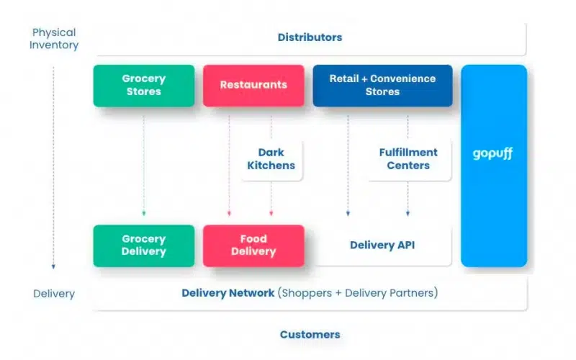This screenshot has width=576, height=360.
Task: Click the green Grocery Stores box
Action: point(144,86)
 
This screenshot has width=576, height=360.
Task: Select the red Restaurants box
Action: point(253,86)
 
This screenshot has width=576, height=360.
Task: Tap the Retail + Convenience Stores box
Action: point(382,86)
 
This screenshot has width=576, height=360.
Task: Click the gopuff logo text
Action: point(493,154)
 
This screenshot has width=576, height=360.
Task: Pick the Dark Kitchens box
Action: point(271,159)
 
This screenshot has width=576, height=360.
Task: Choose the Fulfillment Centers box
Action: point(408,159)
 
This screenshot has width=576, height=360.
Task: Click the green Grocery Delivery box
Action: point(144,246)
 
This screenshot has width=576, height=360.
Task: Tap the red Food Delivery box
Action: point(253,246)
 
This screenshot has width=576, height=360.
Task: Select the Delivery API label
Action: point(382,246)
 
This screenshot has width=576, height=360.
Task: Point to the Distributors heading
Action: point(310,37)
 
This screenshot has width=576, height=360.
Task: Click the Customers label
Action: point(310,335)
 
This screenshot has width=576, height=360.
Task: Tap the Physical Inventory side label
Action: point(54,39)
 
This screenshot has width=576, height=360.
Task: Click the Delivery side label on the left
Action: point(54,294)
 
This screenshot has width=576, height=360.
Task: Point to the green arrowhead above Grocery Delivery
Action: point(144,213)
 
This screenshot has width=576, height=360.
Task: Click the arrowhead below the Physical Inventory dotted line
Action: point(54,266)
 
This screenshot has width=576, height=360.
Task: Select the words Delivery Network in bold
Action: point(228,293)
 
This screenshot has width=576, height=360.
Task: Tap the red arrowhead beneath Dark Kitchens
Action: point(271,213)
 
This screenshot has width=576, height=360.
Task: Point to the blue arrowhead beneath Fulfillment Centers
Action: point(408,213)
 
